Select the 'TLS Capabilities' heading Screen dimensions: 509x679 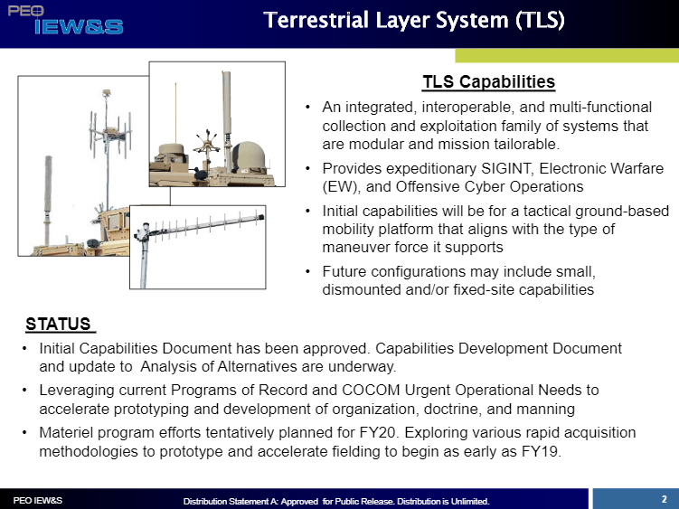[x=488, y=82]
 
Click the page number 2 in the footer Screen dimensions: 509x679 [x=664, y=498]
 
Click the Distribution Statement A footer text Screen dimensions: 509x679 [x=335, y=501]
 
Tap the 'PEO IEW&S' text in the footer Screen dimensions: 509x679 [x=37, y=500]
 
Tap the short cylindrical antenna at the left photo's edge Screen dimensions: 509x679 [x=46, y=194]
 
